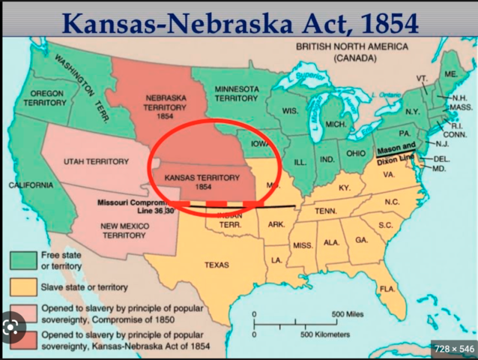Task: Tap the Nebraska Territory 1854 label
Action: tap(155, 106)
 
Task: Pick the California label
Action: tap(31, 184)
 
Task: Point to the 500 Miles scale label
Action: tap(348, 313)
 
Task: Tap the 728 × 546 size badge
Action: tap(452, 349)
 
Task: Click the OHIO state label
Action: tap(355, 154)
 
